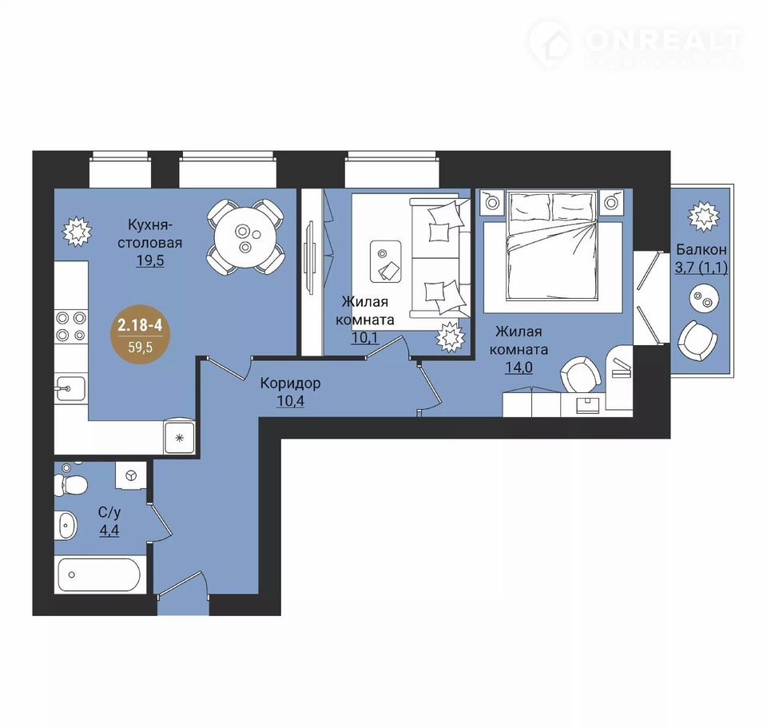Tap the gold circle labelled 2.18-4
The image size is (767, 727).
(x=140, y=334)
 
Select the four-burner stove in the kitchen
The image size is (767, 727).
(x=71, y=326)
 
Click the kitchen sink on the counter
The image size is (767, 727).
(x=70, y=388)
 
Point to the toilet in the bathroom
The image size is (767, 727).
(x=73, y=483)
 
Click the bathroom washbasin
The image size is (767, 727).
(x=66, y=524)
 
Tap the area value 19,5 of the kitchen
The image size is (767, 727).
(x=149, y=260)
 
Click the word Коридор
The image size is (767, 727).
(x=290, y=383)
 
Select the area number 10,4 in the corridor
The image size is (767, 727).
(x=291, y=401)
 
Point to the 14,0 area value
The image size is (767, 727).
(x=519, y=367)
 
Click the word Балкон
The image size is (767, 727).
(x=701, y=249)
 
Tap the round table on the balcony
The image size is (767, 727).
(x=703, y=299)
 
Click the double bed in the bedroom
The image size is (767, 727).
(x=552, y=245)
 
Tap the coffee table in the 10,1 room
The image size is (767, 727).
(x=386, y=261)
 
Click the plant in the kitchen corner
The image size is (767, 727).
(x=77, y=232)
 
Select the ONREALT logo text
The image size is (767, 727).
(x=663, y=41)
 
